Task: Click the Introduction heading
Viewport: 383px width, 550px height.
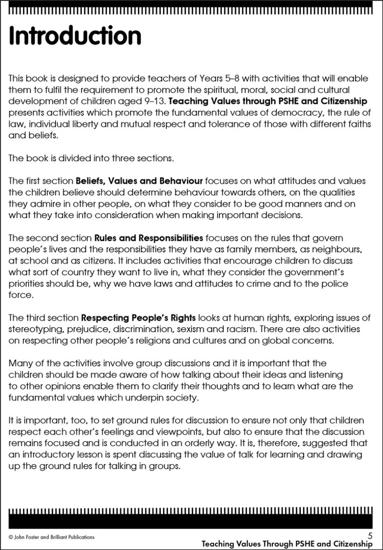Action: [x=75, y=36]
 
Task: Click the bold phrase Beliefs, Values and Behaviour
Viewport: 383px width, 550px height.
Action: [x=139, y=180]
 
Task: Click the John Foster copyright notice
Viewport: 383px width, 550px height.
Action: [x=51, y=537]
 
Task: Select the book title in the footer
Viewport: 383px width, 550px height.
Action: [x=287, y=544]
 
